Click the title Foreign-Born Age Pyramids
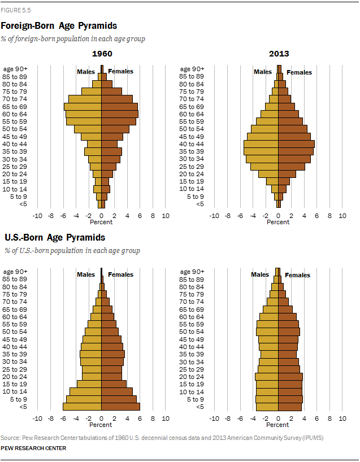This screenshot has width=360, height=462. click(x=59, y=25)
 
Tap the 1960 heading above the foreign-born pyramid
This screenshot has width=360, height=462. click(x=102, y=54)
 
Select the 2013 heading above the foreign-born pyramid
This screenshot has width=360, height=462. click(x=279, y=54)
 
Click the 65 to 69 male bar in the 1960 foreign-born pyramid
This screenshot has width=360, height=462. click(x=83, y=106)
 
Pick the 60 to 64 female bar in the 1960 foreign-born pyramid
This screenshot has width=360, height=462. click(x=120, y=114)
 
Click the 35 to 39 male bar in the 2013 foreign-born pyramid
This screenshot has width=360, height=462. click(x=261, y=151)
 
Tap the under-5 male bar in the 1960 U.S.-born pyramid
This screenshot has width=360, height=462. click(x=82, y=407)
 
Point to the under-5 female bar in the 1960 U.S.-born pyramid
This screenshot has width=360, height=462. click(x=120, y=407)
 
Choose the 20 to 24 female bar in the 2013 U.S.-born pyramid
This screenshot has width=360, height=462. click(x=290, y=377)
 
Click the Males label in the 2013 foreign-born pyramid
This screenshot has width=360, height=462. click(x=263, y=72)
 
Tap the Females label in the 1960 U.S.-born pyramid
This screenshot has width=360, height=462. click(x=120, y=274)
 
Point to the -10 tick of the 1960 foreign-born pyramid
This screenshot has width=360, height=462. click(x=37, y=215)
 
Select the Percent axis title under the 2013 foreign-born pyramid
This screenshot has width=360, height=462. click(x=278, y=222)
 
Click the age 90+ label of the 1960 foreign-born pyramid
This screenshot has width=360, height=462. click(x=15, y=69)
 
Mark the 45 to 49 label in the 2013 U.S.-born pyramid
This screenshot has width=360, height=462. click(x=192, y=339)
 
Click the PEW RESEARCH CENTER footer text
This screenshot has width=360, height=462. click(x=33, y=448)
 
